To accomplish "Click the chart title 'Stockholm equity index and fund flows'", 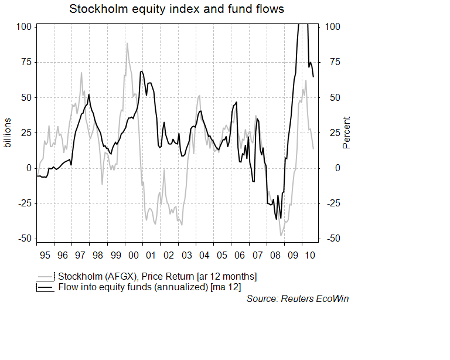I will coord(176,9).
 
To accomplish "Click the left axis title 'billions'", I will coord(8,133).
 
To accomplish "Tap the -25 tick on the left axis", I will coord(22,203).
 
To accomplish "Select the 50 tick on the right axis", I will coord(332,97).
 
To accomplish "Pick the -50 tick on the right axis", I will coord(332,239).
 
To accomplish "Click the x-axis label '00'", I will coord(134,256).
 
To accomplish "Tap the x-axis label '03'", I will coord(186,256).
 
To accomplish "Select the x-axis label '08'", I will coord(275,256).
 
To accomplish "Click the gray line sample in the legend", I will coord(45,276).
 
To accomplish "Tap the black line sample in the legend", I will coord(45,287).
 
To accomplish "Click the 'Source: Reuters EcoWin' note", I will coord(298,299).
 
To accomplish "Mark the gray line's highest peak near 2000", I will coord(127,43).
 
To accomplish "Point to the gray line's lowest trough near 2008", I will coord(281,235).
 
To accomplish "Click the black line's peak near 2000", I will coord(142,72).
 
